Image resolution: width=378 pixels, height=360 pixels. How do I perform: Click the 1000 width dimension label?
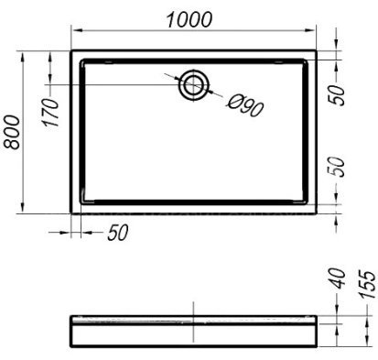click(x=189, y=20)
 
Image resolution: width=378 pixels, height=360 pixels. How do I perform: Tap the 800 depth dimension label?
click(x=12, y=132)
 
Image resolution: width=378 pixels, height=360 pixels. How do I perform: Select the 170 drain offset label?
click(x=51, y=113)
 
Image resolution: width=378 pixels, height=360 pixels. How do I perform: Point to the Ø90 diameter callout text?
click(x=244, y=105)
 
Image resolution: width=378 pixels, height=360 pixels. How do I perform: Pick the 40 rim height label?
click(x=338, y=278)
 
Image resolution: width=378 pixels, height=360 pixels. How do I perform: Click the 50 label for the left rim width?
click(x=118, y=233)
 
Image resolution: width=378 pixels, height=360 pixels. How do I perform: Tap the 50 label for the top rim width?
click(x=338, y=95)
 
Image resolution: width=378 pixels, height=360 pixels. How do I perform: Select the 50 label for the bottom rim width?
click(x=338, y=167)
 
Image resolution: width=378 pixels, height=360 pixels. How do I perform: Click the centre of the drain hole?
click(x=194, y=85)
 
